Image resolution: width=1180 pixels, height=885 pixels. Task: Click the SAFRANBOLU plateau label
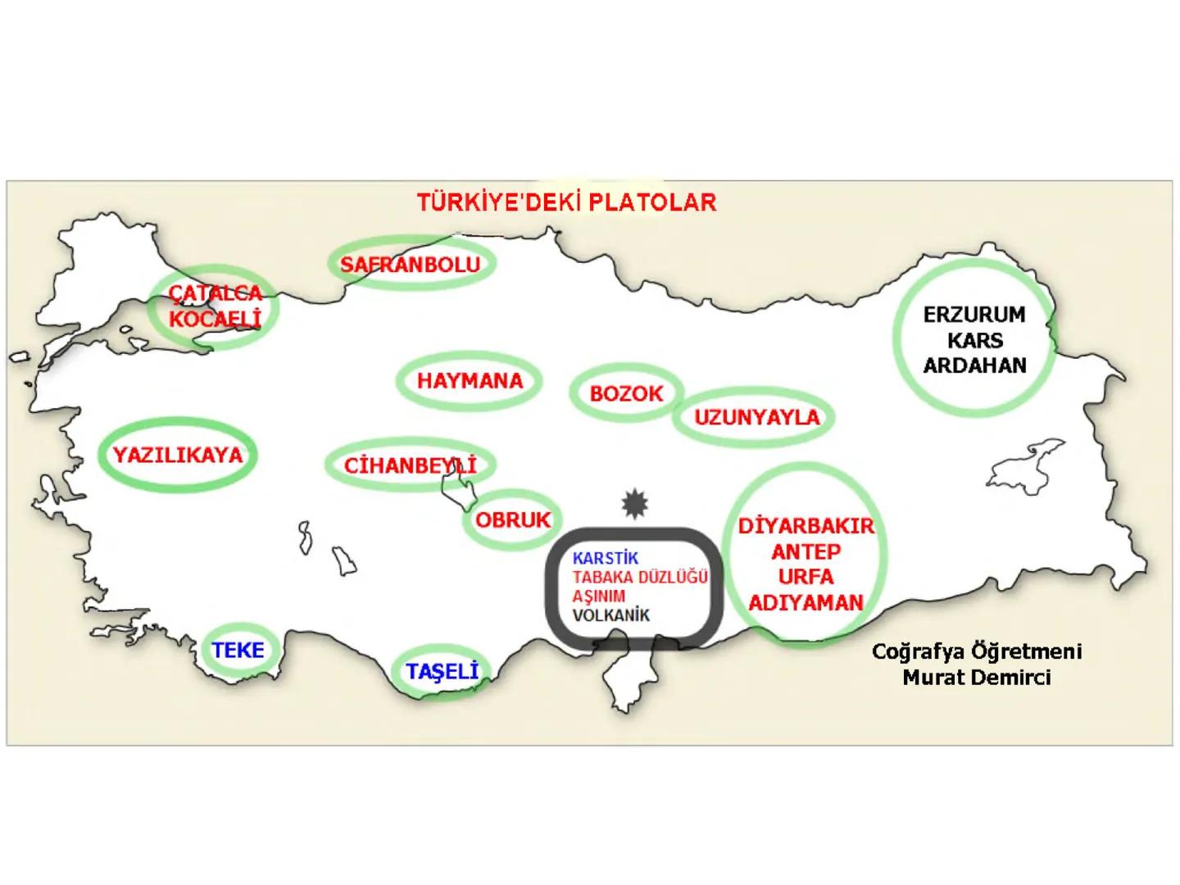[x=410, y=265]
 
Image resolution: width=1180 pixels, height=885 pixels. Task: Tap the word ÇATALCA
[x=216, y=293]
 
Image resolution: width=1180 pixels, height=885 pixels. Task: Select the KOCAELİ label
[x=215, y=318]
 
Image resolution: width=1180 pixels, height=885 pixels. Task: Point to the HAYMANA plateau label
[x=470, y=381]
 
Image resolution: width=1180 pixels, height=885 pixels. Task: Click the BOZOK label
[x=626, y=394]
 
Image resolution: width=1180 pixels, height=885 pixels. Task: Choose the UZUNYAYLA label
[x=756, y=418]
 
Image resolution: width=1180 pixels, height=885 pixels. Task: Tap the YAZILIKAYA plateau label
[x=178, y=456]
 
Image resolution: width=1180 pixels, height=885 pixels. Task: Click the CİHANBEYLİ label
[x=410, y=466]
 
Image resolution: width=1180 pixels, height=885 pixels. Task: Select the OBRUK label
[x=513, y=520]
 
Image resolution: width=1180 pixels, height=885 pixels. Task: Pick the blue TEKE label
[x=238, y=651]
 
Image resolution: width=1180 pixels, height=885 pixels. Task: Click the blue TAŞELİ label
[x=442, y=672]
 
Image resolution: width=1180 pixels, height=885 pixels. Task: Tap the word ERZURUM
[x=974, y=315]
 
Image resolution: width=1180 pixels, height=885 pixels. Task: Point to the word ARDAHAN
[x=974, y=365]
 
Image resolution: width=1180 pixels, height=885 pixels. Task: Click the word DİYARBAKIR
[x=806, y=526]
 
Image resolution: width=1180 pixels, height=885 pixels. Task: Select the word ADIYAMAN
[x=806, y=603]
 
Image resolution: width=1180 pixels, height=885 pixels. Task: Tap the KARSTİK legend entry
[x=606, y=559]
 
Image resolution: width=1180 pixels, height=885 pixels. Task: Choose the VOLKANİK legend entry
[x=610, y=615]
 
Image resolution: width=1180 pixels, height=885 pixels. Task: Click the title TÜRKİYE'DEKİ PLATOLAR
[x=566, y=202]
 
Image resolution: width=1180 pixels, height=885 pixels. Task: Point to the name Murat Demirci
[x=976, y=678]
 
